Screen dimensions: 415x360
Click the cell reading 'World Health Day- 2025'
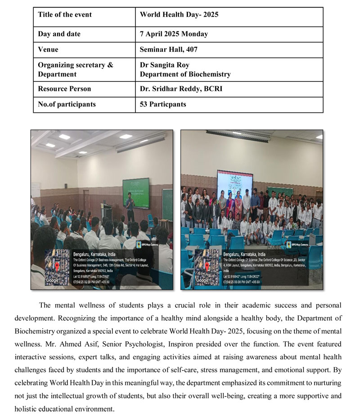click(179, 14)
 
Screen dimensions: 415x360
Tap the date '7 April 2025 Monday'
click(174, 34)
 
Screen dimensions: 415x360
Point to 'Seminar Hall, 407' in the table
click(169, 49)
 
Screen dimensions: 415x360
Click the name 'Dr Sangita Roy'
click(164, 65)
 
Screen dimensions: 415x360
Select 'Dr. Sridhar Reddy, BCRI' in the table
click(181, 89)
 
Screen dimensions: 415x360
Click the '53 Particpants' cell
click(163, 104)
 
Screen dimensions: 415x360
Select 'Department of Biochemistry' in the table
click(185, 74)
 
